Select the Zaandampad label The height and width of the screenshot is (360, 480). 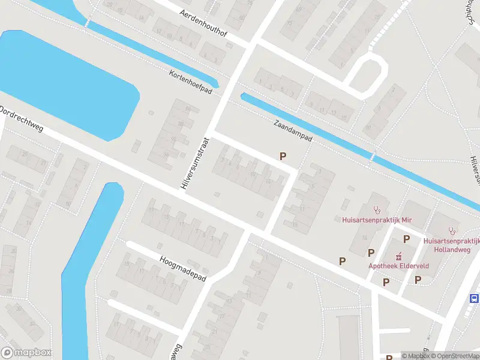[x=293, y=129]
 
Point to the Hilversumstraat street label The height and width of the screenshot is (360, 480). [x=193, y=162]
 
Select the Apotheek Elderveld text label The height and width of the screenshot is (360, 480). [x=393, y=266]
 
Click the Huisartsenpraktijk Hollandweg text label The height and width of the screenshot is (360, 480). [x=451, y=244]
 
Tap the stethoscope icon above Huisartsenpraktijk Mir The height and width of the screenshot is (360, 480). [x=377, y=210]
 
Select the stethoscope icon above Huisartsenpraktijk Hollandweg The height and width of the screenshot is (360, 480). [x=452, y=230]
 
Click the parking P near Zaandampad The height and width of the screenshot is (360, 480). [x=283, y=156]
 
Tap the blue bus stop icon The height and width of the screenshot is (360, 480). [x=475, y=298]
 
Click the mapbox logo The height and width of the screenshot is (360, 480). [x=26, y=353]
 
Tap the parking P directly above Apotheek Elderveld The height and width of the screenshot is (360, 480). [x=406, y=239]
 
